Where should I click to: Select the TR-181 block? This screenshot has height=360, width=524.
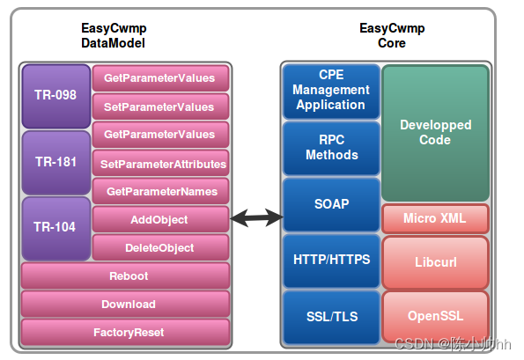click(55, 162)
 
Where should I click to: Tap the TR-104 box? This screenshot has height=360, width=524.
click(55, 227)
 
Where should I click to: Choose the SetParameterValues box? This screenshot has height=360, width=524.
click(159, 107)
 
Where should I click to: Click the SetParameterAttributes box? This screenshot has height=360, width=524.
click(162, 164)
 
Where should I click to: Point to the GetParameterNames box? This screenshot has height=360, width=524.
click(161, 191)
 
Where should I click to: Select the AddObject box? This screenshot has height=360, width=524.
click(159, 219)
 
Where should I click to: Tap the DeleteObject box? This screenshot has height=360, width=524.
click(159, 247)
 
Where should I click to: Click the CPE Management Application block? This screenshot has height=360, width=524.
click(330, 90)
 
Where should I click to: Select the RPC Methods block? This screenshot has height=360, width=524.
click(330, 148)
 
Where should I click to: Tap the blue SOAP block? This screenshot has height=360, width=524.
click(332, 204)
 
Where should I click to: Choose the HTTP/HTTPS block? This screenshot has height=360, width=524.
click(330, 260)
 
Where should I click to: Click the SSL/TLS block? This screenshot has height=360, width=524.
click(330, 317)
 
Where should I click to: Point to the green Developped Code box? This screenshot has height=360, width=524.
click(435, 133)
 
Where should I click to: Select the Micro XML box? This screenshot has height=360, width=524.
click(435, 218)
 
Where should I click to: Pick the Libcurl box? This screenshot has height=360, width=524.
click(435, 262)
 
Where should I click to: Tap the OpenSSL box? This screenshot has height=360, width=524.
click(435, 316)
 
